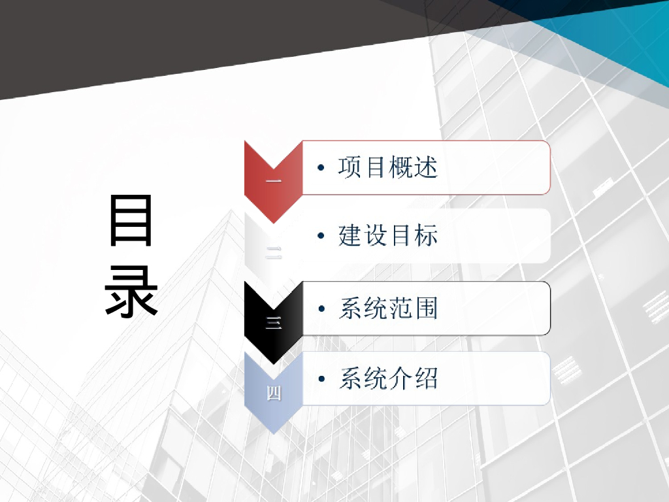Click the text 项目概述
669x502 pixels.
[388, 167]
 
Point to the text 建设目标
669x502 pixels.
[388, 236]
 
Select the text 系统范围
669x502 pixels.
[388, 308]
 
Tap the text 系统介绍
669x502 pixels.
[388, 378]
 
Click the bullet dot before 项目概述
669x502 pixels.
[320, 169]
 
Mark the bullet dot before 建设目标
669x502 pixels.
[320, 237]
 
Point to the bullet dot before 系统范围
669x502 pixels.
[320, 309]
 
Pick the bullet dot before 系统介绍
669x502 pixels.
[320, 379]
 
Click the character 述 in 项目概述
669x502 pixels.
[426, 167]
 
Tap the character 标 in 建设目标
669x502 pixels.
[426, 236]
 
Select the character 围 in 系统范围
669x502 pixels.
[426, 308]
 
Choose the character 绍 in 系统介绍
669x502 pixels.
[426, 378]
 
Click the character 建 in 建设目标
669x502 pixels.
[350, 236]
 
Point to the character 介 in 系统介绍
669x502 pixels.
[400, 378]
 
